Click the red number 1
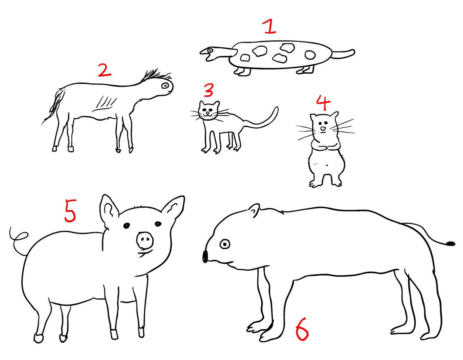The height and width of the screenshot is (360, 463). coord(270,27)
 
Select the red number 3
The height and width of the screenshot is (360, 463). coord(208,90)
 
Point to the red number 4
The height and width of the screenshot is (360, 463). coord(323,103)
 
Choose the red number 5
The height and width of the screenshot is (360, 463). coord(70,210)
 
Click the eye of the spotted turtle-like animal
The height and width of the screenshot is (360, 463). coord(211,50)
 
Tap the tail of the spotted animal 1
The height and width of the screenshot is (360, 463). coord(343,54)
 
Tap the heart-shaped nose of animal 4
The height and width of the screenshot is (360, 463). coord(323,128)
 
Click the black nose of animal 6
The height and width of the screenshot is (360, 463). coord(205,256)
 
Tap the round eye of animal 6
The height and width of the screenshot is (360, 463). coord(225,244)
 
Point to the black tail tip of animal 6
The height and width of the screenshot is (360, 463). coord(451,244)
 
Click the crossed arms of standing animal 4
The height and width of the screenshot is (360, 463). coord(324,147)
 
